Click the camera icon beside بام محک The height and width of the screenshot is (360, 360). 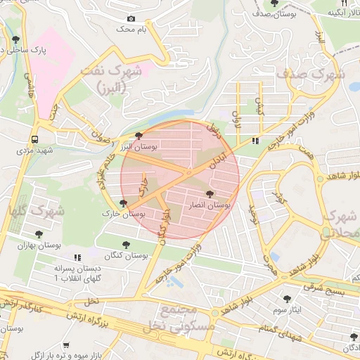(x=131, y=19)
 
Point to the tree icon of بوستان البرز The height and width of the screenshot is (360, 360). (x=139, y=135)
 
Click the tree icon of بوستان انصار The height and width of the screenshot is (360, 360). (x=210, y=194)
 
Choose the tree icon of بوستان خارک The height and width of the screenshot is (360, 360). (x=124, y=203)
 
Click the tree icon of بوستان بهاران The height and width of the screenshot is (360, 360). (x=39, y=234)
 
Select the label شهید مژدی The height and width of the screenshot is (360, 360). (x=36, y=150)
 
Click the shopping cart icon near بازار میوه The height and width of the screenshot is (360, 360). (x=66, y=345)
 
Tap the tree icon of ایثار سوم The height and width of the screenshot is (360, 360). (x=287, y=298)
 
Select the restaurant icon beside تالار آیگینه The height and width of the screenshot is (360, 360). (x=344, y=3)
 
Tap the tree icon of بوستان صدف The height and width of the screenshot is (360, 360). (x=274, y=4)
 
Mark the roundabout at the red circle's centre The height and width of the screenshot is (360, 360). (x=188, y=173)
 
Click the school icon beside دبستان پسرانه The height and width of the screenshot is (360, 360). (x=77, y=257)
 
